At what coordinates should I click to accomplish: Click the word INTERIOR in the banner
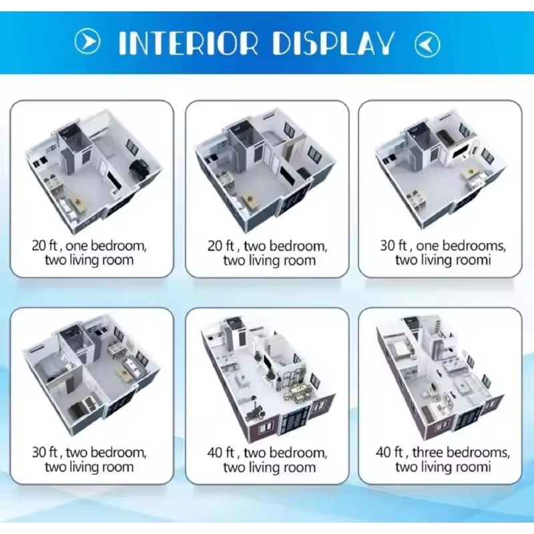(x=188, y=43)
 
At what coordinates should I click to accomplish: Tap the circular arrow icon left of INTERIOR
(x=87, y=41)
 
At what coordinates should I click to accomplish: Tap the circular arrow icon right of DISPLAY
(x=427, y=44)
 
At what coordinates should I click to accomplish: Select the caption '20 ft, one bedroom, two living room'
(x=89, y=253)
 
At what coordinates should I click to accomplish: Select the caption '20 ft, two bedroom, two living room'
(x=268, y=253)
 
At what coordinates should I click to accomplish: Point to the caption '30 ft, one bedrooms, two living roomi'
(x=443, y=253)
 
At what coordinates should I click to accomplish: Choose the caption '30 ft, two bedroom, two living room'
(x=89, y=459)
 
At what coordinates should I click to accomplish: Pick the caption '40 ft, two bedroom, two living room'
(x=268, y=460)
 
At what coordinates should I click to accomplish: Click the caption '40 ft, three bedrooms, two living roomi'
(x=443, y=459)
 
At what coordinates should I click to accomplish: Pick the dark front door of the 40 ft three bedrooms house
(x=469, y=421)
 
